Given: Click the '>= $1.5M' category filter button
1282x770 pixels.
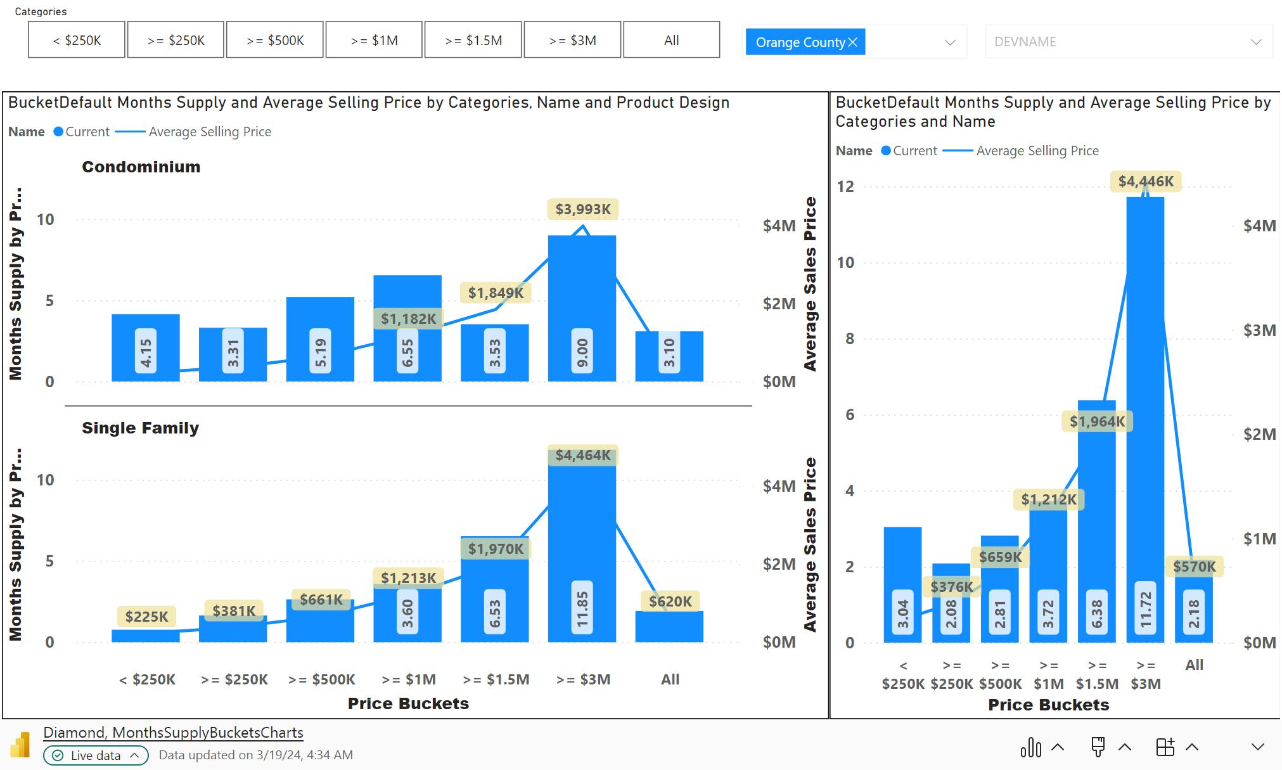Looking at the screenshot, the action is point(473,40).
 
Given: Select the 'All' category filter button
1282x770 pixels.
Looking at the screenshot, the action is point(672,40).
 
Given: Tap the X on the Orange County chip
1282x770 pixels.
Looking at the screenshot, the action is point(853,42).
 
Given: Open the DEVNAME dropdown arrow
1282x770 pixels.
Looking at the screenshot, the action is point(1255,42).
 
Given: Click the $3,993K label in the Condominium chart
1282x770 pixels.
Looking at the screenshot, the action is point(583,209).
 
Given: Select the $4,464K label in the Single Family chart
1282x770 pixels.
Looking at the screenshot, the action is point(583,455).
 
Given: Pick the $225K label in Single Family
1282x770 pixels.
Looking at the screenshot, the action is point(146,617).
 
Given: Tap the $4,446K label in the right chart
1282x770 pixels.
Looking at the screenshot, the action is point(1146,182).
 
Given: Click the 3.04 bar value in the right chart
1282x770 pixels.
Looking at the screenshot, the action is point(903,613).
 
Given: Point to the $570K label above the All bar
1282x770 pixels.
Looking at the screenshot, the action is point(1194,567).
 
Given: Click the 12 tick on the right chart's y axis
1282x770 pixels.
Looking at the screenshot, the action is point(845,186).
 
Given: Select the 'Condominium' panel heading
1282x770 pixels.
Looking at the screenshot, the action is point(141,167).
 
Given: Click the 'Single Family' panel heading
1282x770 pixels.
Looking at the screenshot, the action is point(140,428).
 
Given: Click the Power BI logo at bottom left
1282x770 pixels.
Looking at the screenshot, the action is point(20,745).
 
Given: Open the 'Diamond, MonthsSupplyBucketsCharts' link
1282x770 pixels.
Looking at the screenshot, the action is point(173,733).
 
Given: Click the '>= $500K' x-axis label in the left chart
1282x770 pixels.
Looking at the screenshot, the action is point(321,679).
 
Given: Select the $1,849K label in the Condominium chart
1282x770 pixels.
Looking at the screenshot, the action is point(496,293).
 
